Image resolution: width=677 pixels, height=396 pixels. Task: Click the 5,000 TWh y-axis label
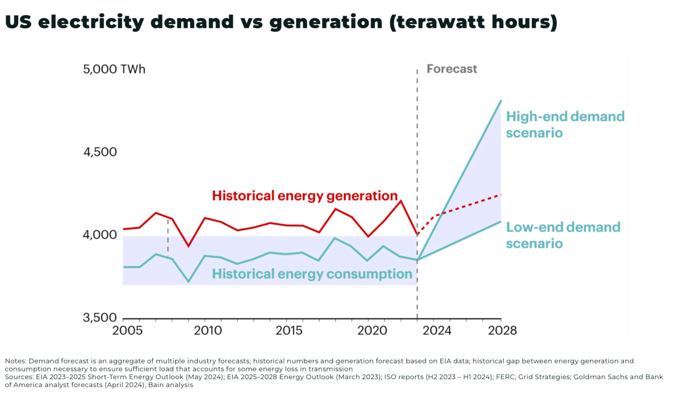click(114, 69)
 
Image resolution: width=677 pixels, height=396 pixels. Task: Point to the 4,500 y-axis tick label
click(100, 152)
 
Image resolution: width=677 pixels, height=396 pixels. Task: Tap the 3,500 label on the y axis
click(100, 317)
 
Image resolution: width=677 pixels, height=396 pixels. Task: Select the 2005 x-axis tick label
click(127, 330)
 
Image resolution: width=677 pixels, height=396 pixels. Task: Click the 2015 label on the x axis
click(289, 330)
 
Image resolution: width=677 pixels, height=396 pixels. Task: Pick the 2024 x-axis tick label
click(437, 330)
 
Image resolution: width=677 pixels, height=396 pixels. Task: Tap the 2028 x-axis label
click(502, 330)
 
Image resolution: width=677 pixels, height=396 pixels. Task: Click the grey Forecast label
click(451, 69)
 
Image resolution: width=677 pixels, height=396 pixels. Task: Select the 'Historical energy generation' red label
click(305, 195)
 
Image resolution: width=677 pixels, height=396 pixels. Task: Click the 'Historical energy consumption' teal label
click(312, 274)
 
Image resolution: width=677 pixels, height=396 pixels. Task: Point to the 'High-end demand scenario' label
click(565, 124)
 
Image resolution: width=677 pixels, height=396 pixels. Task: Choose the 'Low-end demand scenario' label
click(563, 235)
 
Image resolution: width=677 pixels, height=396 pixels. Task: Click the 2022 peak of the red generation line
click(401, 201)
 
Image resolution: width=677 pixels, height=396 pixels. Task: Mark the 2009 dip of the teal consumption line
click(188, 282)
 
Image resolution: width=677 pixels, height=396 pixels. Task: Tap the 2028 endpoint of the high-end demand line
click(501, 101)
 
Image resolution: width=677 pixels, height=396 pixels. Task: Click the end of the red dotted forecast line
click(501, 195)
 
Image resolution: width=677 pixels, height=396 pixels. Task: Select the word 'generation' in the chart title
click(325, 22)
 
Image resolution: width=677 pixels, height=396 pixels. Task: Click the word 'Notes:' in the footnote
click(16, 361)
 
